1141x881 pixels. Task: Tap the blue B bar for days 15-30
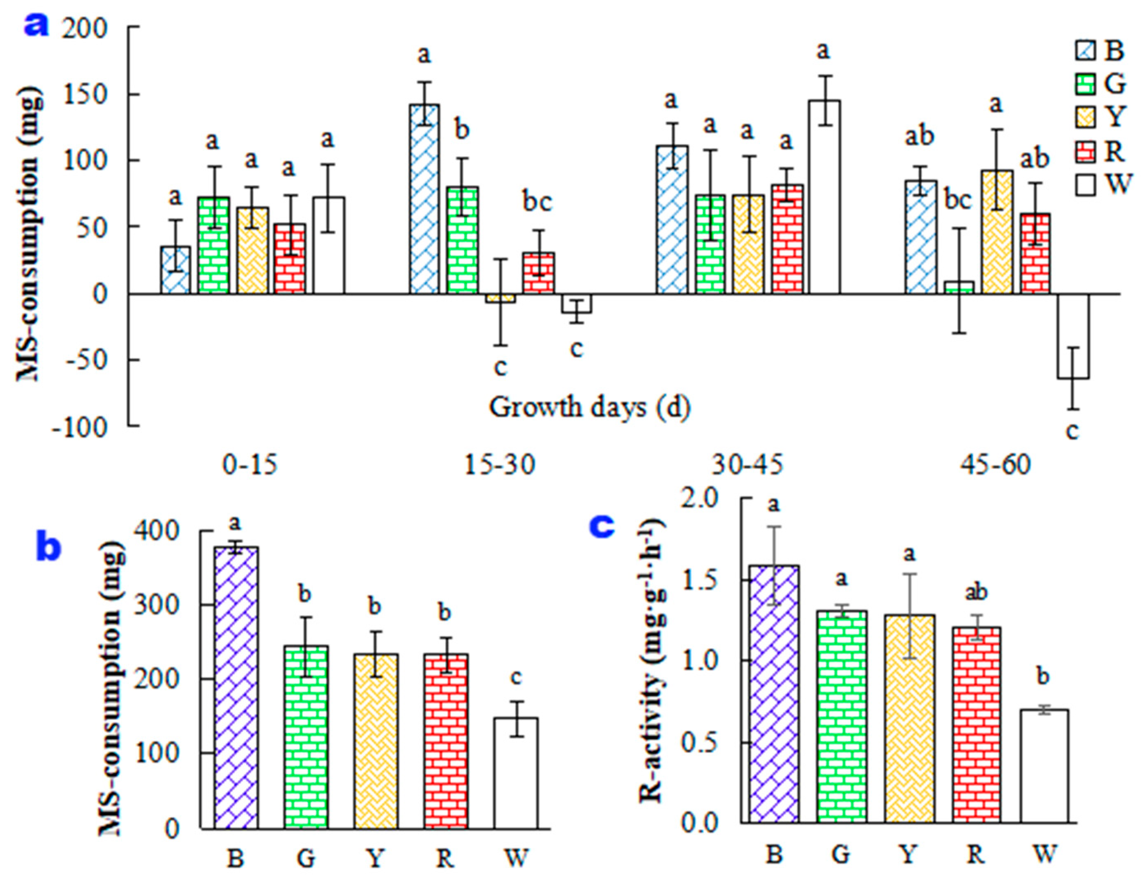(424, 198)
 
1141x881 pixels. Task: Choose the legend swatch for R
(1085, 152)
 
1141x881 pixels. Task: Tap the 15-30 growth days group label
(500, 464)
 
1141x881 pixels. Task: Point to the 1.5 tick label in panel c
(701, 580)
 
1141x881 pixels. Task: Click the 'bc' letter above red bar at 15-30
(537, 203)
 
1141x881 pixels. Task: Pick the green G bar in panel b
(306, 737)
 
